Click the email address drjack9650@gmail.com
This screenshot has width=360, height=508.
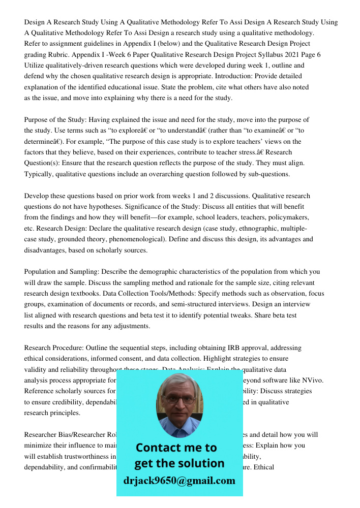pos(179,481)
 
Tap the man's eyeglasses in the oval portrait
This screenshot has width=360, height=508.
pos(179,399)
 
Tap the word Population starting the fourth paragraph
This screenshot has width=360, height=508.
pos(41,272)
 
